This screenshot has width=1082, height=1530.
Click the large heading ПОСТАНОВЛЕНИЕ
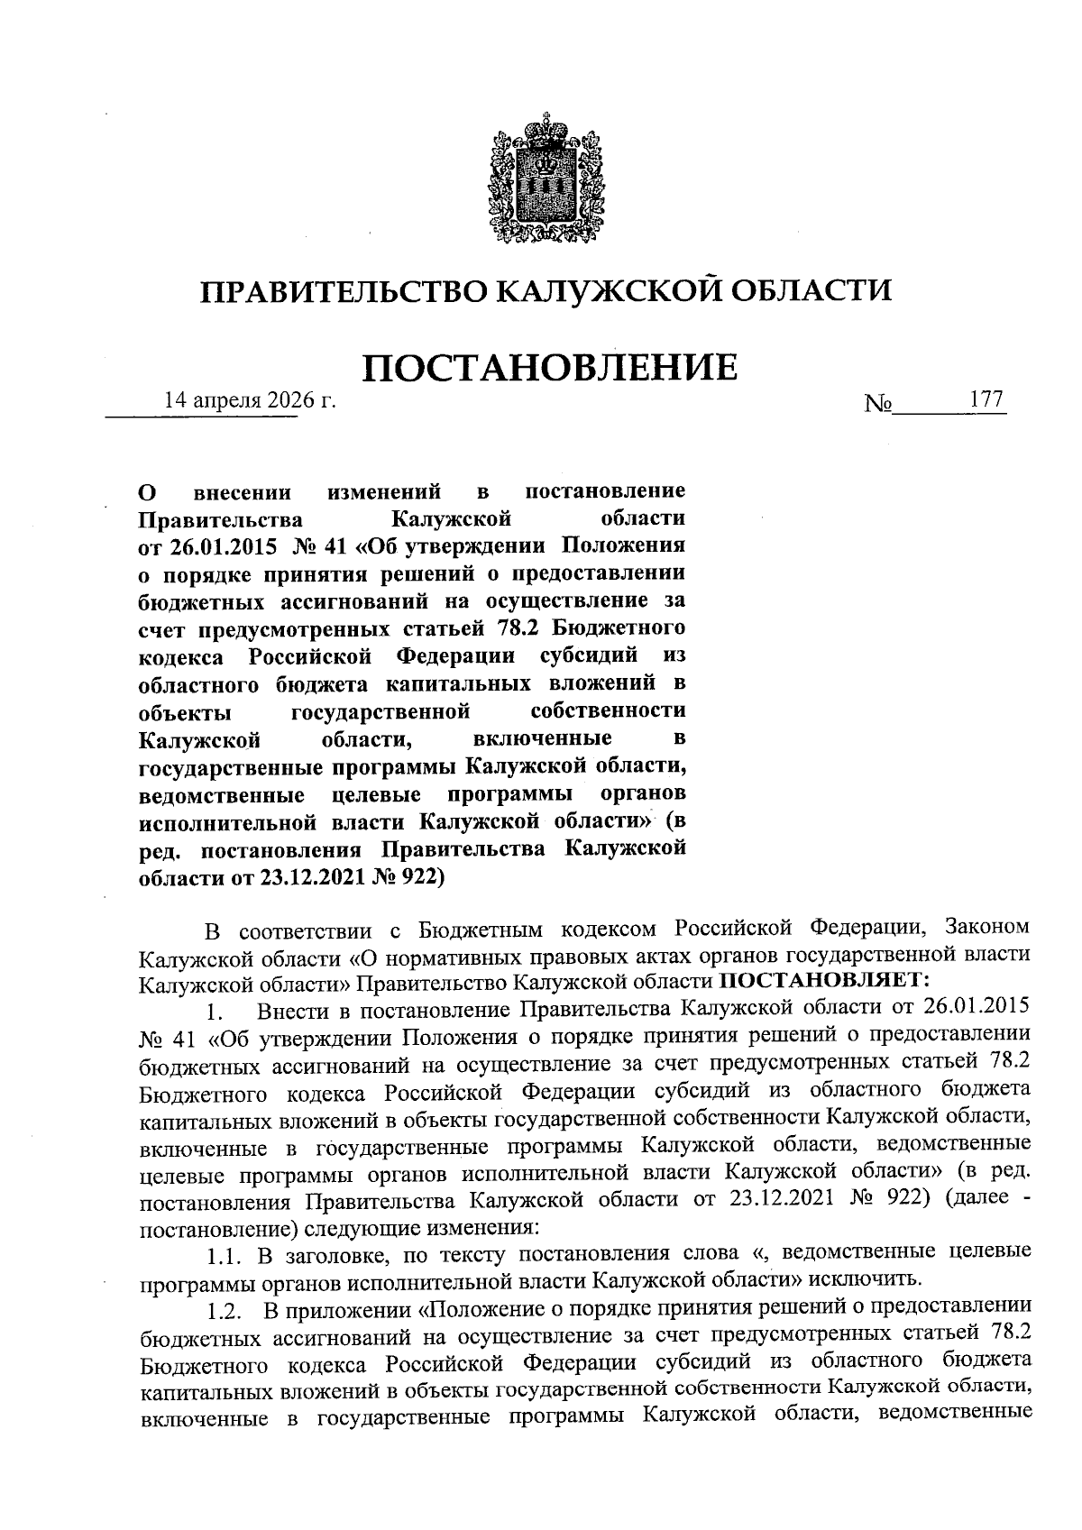point(549,368)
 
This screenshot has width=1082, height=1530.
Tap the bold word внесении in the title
point(243,492)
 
